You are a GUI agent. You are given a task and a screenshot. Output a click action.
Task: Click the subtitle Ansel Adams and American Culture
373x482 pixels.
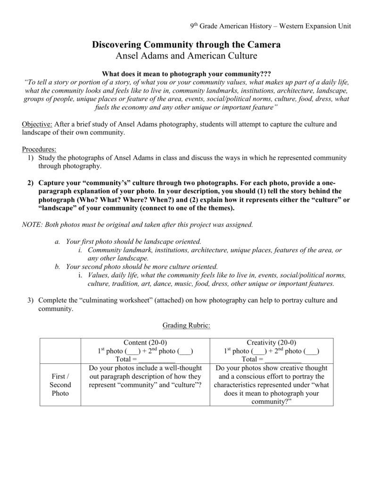click(186, 56)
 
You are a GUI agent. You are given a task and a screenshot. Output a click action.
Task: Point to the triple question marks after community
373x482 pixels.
click(265, 74)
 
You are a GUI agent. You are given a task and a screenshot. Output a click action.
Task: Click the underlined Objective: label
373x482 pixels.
click(37, 124)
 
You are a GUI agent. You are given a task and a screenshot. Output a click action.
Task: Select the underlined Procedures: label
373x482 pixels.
click(39, 149)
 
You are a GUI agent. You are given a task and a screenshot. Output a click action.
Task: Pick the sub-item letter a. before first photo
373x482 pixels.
click(57, 241)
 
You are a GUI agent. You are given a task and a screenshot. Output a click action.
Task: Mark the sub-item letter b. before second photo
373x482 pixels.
click(57, 266)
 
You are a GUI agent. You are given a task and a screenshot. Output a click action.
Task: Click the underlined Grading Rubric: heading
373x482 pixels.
click(186, 325)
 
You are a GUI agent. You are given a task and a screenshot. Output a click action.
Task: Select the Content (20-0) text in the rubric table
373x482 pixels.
click(145, 343)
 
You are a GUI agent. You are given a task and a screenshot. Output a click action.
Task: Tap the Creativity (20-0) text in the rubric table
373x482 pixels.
click(271, 343)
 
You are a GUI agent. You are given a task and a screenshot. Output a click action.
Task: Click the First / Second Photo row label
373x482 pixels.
click(60, 385)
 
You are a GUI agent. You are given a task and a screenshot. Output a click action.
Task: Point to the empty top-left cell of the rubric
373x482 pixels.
click(60, 351)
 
